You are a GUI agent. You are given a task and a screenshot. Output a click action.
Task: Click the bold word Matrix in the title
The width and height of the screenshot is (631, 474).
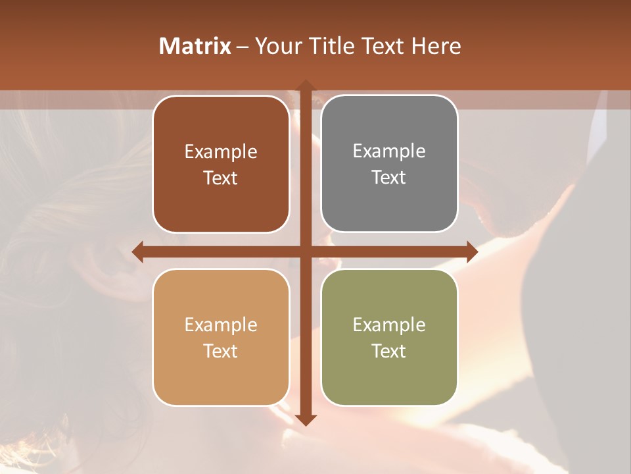coord(195,46)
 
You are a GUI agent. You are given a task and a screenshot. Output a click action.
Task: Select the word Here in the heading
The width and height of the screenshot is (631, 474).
coord(436,46)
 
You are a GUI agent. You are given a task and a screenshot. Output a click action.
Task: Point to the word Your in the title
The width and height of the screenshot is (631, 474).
coord(276,46)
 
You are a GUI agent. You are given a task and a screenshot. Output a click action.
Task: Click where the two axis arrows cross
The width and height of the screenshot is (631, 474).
coord(306,251)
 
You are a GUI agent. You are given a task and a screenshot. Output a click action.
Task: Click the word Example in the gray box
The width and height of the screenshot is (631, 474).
coord(389,151)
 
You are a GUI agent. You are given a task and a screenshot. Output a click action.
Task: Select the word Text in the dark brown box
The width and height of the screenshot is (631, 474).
coord(220,178)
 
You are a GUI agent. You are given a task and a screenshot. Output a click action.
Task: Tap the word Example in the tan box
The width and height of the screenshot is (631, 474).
coord(221,325)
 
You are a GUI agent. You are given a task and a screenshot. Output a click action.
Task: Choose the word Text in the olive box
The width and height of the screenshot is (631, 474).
coord(388,351)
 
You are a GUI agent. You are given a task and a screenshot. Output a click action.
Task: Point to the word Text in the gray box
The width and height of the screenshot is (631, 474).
coord(388,177)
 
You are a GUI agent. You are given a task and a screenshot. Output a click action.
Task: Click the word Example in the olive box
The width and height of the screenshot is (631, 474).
coord(389,325)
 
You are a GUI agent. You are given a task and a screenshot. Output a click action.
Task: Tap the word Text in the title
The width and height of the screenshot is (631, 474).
coord(382,46)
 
